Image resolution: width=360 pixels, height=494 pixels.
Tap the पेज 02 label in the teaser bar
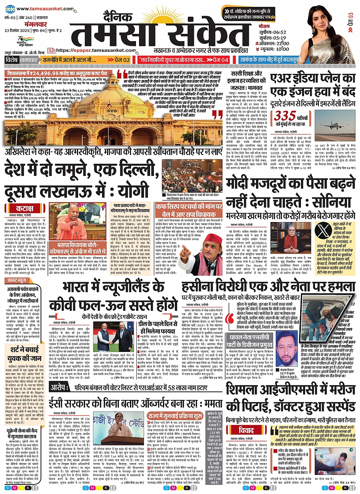click(x=120, y=60)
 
